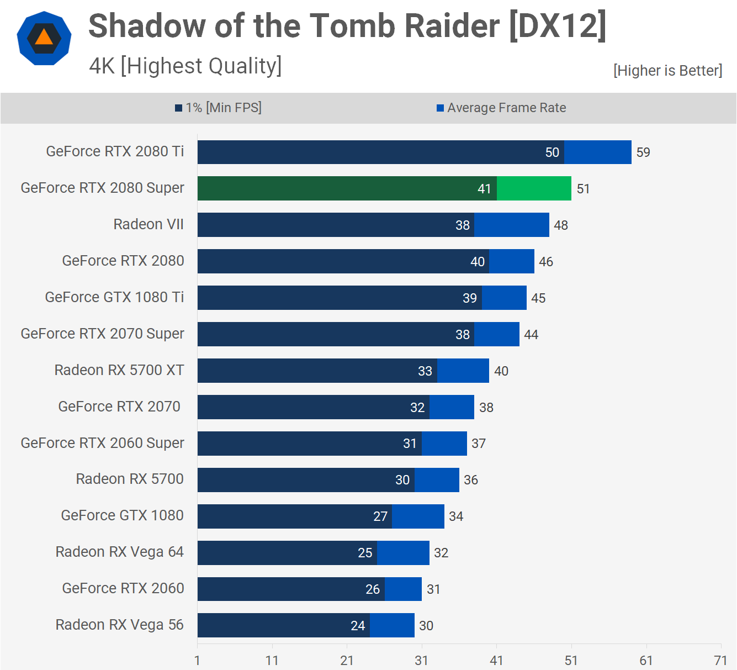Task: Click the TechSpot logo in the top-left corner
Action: (x=44, y=39)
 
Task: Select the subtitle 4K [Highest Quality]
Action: (x=185, y=66)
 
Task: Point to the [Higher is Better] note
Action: (x=667, y=71)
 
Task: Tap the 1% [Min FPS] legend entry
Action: (x=219, y=108)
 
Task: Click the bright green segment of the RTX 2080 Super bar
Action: (x=534, y=188)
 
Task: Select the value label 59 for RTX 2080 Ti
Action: (x=643, y=152)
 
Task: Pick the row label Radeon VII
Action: (x=149, y=224)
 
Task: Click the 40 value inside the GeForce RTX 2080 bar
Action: (x=478, y=262)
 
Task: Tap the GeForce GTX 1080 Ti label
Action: (x=114, y=297)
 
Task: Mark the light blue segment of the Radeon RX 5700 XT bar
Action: (x=463, y=371)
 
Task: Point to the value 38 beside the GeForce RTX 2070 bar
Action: (x=486, y=408)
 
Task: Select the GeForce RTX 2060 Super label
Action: (x=102, y=443)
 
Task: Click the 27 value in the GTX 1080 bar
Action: (x=380, y=516)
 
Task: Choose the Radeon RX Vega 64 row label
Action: (x=119, y=552)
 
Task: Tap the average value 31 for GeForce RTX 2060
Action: (x=433, y=589)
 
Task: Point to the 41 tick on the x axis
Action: (x=496, y=661)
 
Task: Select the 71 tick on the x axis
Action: (x=720, y=661)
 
